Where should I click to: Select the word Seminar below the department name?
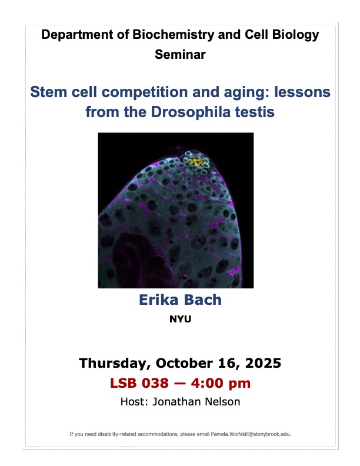coord(180,55)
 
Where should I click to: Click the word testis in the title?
coord(256,111)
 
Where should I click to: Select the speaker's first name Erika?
coord(158,299)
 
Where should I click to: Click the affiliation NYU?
coord(180,321)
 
